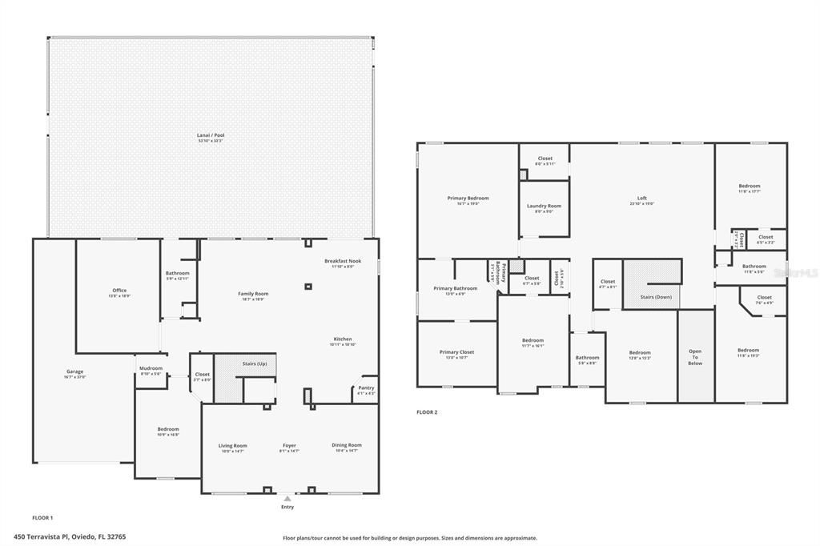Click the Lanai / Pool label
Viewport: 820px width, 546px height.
tap(211, 135)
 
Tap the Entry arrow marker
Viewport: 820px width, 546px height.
tap(287, 498)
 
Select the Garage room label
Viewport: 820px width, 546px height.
tap(74, 371)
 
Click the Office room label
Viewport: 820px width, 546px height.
tap(119, 291)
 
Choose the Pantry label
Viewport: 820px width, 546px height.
tap(366, 388)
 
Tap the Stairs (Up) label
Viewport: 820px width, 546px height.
tap(253, 363)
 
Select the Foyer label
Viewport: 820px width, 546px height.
tap(289, 446)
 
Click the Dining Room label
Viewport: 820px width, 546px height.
tap(347, 445)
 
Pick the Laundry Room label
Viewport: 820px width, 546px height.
tap(544, 206)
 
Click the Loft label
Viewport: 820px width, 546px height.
tap(641, 198)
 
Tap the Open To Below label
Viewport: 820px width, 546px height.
tap(695, 356)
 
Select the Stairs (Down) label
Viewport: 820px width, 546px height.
tap(656, 297)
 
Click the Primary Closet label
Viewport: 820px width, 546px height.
tap(456, 352)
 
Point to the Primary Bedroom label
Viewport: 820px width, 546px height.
tap(468, 198)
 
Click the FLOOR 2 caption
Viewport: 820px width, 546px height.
tap(427, 412)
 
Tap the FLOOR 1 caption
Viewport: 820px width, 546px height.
tap(42, 518)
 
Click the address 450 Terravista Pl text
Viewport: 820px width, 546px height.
tap(70, 536)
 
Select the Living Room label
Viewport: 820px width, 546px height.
tap(232, 446)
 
